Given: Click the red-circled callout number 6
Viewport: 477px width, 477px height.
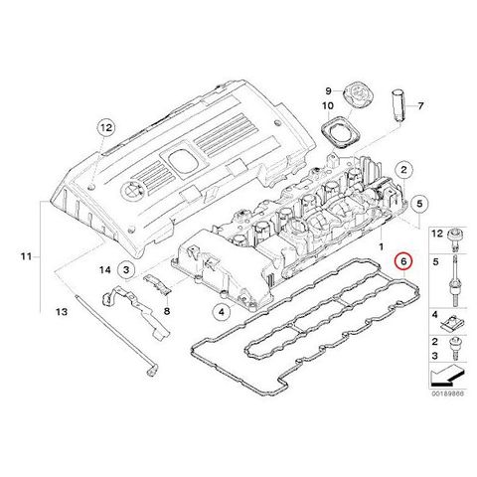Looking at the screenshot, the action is (x=403, y=261).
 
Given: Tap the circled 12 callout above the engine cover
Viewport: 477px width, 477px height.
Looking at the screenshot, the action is (x=106, y=127).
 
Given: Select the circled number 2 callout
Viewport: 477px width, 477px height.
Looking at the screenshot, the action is (x=403, y=170).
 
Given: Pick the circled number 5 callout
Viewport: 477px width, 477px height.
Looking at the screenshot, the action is (x=419, y=204).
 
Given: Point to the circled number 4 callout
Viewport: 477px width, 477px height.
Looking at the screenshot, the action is (x=222, y=311).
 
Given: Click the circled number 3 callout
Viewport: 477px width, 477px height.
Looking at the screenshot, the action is (x=126, y=270).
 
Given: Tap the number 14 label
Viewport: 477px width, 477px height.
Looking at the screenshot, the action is (x=105, y=270).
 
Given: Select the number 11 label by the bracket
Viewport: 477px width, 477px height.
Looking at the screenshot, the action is (x=26, y=256).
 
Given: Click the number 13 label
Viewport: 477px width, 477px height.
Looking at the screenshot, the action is (x=62, y=312).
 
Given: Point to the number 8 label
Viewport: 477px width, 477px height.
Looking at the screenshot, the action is (x=167, y=311).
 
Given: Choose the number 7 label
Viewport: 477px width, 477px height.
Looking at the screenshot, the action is (x=420, y=106).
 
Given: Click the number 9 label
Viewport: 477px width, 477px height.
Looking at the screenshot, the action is (x=328, y=90).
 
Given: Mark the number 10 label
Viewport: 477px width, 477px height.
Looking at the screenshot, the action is (x=328, y=106).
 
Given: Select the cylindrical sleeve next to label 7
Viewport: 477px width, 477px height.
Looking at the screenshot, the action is (x=397, y=105).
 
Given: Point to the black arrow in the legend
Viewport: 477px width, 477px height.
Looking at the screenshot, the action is (x=446, y=377).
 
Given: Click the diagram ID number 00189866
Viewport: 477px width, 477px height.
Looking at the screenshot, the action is (x=447, y=394).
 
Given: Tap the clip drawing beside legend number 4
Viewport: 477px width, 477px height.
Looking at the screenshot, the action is (x=452, y=323).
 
